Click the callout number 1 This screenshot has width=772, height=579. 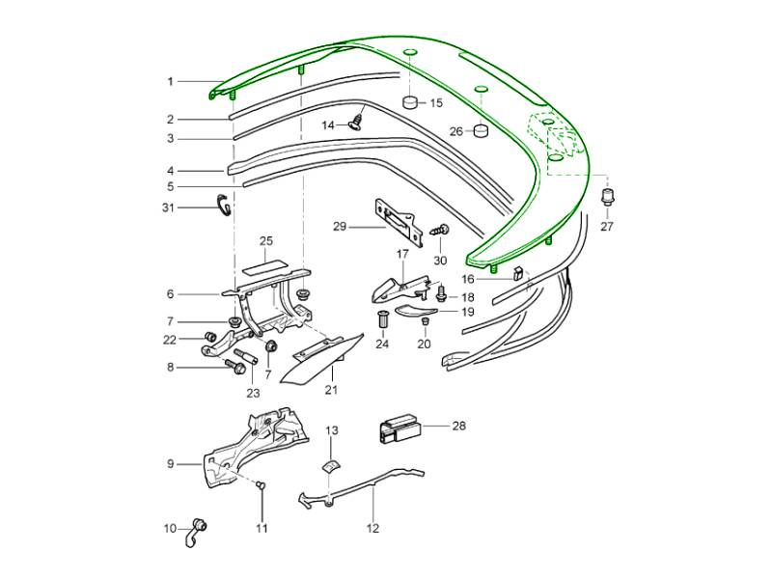[170, 82]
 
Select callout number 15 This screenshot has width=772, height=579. [436, 102]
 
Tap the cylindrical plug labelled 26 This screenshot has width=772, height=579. [479, 130]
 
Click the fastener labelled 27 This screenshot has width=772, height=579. [607, 198]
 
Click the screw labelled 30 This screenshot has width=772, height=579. [441, 232]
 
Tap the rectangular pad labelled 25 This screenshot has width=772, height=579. [266, 262]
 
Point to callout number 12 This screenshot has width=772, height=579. [372, 528]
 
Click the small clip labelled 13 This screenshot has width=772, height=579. [330, 466]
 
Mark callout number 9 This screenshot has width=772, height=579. [170, 464]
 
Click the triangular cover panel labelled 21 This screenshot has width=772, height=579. [318, 358]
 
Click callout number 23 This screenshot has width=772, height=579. [253, 393]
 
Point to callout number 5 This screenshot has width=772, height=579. [170, 186]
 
